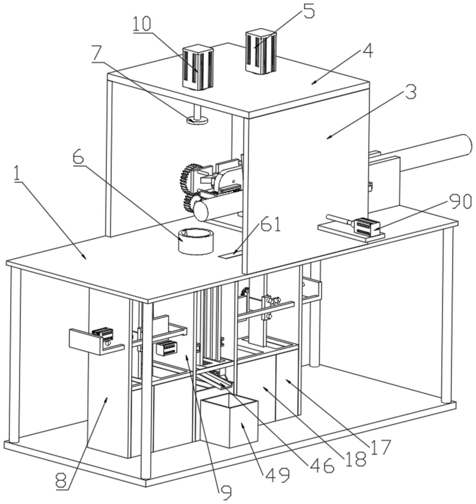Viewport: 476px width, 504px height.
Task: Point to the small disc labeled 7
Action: point(197,120)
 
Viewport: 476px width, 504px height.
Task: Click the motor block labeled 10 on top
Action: point(198,67)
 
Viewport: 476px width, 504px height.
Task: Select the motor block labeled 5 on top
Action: point(261,51)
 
